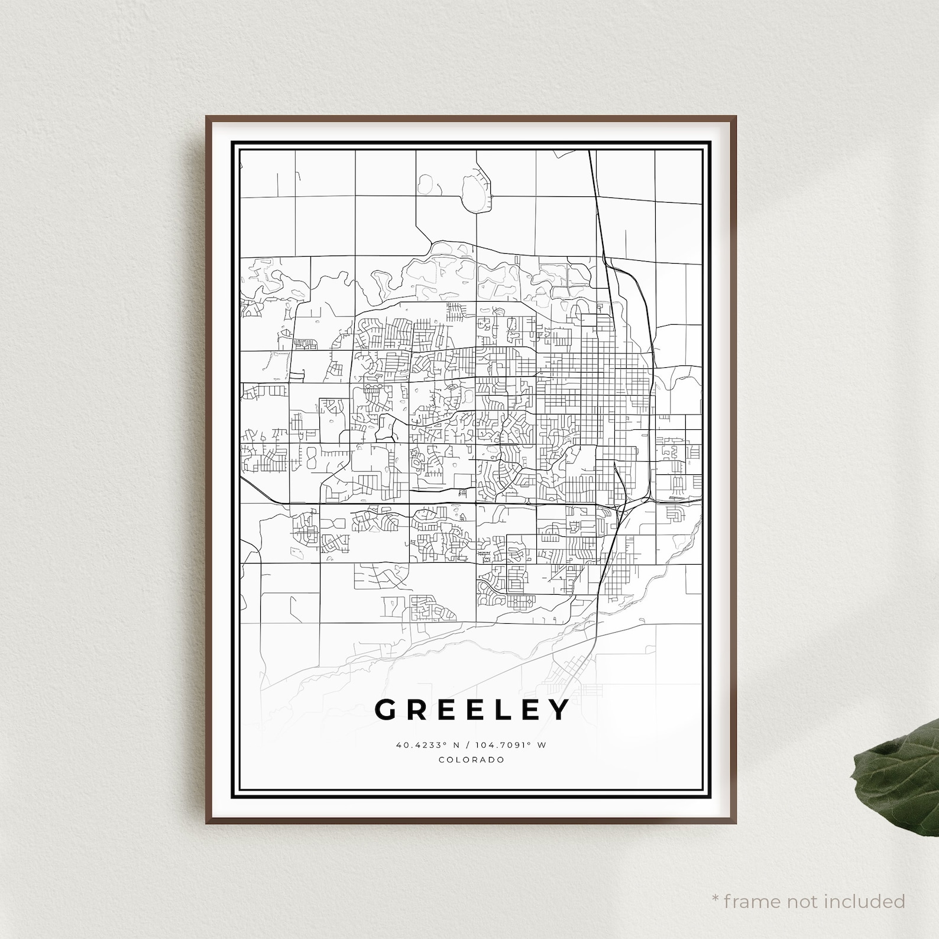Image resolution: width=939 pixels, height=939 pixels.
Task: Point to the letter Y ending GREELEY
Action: (x=559, y=710)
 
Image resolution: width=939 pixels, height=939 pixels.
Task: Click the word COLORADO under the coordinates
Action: (x=471, y=760)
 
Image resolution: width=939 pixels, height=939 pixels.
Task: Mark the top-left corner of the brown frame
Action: (x=207, y=117)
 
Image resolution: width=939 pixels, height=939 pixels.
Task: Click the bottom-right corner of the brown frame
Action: (x=735, y=823)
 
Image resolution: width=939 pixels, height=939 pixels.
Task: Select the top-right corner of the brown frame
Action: (x=735, y=117)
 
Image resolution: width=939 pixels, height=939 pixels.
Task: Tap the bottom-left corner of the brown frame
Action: (x=207, y=823)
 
